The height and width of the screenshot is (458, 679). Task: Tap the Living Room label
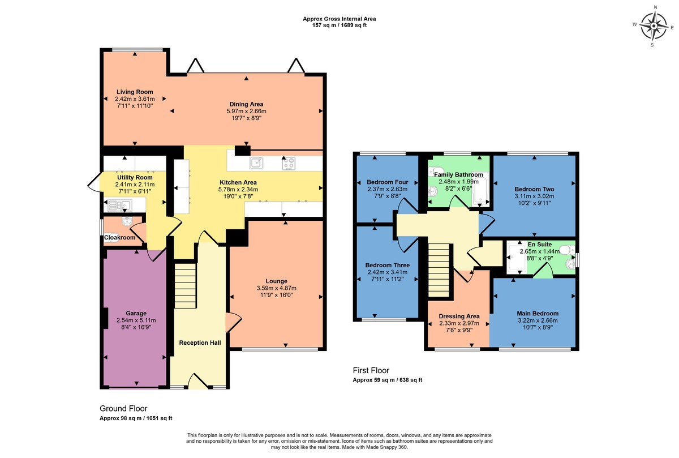135,92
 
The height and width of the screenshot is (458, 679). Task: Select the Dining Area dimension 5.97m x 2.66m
246,111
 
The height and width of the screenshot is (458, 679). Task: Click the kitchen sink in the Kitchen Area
256,163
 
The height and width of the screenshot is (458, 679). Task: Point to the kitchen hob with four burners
289,163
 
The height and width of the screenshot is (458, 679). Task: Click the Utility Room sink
119,206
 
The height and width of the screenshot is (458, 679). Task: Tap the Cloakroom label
120,238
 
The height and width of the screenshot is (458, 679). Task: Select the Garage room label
136,313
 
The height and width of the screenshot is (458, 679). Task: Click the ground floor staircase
186,286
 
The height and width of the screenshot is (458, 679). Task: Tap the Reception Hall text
200,343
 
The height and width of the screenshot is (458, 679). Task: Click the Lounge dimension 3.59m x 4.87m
277,288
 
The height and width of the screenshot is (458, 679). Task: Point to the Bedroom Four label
388,182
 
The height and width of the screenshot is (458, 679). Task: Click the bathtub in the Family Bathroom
481,189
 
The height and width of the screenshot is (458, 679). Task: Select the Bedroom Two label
534,189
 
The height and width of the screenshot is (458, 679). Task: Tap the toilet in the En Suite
567,250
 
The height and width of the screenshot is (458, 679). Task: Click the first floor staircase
439,270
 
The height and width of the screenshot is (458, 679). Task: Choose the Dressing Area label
459,316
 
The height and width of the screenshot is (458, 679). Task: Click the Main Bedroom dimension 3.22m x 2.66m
538,320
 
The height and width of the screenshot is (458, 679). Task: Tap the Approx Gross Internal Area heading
339,19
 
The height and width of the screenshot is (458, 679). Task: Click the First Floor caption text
371,370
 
